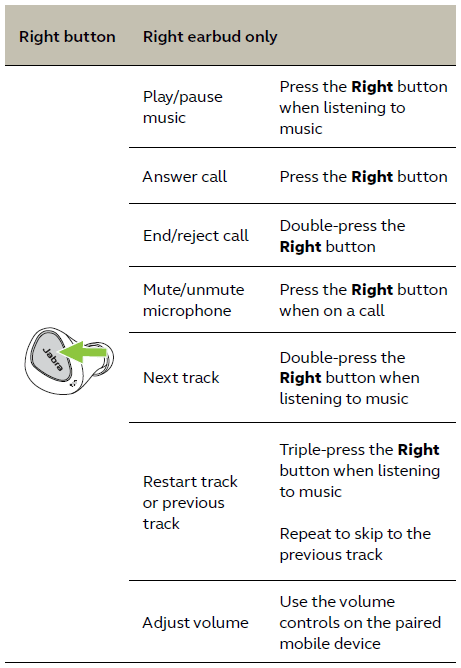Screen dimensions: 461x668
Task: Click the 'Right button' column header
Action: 67,37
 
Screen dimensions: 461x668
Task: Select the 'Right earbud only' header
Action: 210,37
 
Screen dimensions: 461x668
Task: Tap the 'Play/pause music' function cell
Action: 183,107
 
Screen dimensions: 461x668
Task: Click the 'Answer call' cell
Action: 185,176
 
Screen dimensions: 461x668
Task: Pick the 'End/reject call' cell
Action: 196,236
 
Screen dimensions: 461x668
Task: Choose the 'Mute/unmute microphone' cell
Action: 194,300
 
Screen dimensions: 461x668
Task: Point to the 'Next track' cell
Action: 181,377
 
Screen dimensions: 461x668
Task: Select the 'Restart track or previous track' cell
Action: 190,502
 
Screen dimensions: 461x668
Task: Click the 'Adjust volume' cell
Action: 196,622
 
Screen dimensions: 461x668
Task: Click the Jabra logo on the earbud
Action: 53,359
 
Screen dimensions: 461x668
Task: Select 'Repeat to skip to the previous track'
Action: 355,544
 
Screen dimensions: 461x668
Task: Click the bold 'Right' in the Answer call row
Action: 372,177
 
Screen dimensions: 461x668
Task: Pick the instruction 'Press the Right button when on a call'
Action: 363,300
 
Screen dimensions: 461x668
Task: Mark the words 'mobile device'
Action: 330,643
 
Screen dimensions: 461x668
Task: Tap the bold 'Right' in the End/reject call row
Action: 300,247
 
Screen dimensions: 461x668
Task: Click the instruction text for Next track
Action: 349,378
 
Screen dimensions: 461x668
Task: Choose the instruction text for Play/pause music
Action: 363,107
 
